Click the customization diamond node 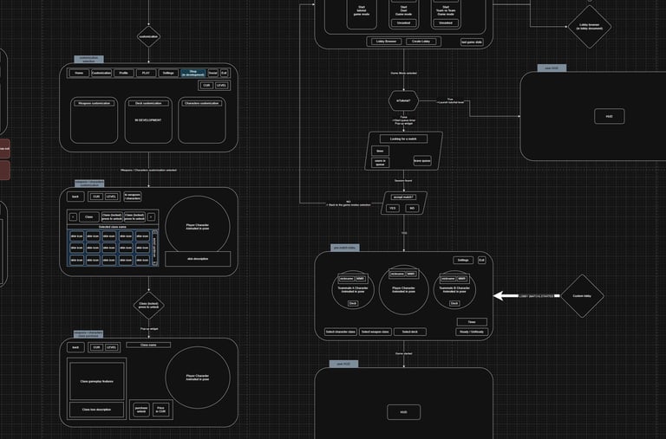148,37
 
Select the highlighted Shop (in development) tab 193,74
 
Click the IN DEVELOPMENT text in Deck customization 148,119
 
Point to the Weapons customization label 94,102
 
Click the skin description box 198,259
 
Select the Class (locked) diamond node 148,306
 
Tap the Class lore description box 96,410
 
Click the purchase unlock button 140,410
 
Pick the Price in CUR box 161,410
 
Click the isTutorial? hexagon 403,101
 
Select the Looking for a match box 403,139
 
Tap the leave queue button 422,160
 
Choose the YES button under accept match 392,208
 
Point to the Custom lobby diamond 582,295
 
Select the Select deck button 409,332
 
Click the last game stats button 471,42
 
